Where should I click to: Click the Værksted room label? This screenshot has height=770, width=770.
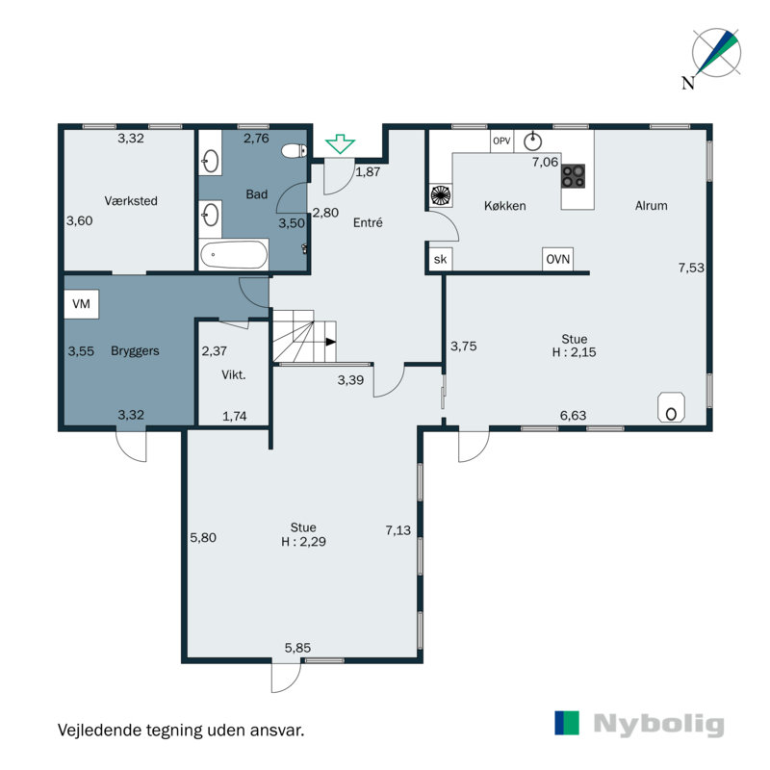coord(131,201)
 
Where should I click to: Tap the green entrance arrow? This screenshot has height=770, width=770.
coord(338,145)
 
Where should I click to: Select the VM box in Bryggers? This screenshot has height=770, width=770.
coord(81,305)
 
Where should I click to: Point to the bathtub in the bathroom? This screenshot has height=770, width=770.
coord(234,256)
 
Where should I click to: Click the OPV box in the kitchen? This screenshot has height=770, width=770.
coord(501,141)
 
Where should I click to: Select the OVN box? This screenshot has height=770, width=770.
coord(556,259)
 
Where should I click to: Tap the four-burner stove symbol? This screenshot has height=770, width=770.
coord(574,175)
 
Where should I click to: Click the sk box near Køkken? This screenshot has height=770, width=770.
coord(440,259)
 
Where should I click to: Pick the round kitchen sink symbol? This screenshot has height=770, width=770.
coord(532,141)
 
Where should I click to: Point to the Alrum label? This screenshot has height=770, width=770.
coord(651,205)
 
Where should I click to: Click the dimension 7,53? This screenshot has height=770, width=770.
coord(691,269)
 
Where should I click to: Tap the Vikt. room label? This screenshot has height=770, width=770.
coord(234,375)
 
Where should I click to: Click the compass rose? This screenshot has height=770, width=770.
coord(717,53)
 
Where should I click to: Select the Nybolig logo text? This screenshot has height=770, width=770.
coord(657,725)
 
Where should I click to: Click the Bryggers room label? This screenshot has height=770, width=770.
coord(135,351)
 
